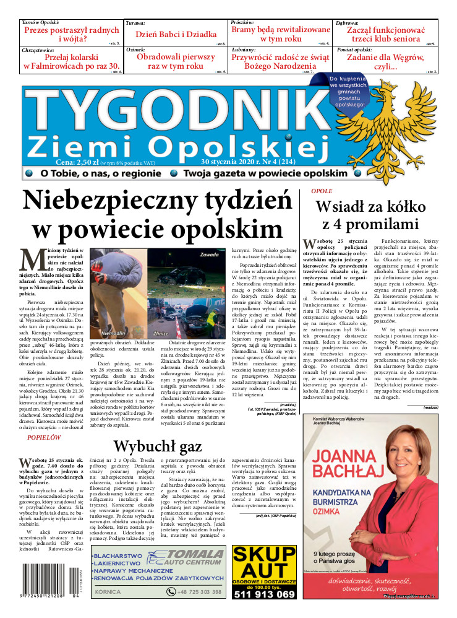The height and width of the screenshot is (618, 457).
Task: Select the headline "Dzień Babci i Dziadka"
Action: [x=176, y=35]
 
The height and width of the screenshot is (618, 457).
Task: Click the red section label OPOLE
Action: [x=322, y=191]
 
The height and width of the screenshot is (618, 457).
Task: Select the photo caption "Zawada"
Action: [x=211, y=255]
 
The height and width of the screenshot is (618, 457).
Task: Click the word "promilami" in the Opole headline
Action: [x=387, y=224]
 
